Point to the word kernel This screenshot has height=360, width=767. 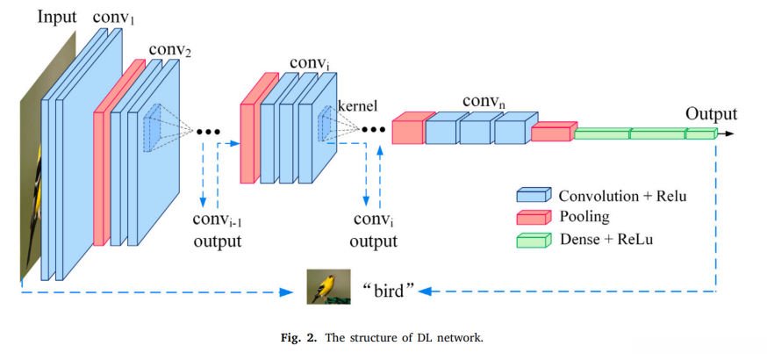tap(357, 106)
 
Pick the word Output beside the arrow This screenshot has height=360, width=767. tap(711, 113)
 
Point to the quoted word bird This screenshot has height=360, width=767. tap(387, 289)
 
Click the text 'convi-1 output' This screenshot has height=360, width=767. tap(218, 231)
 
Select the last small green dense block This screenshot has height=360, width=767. tap(701, 133)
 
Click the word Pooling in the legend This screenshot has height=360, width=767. tap(584, 216)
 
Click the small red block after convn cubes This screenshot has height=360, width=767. tap(552, 132)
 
